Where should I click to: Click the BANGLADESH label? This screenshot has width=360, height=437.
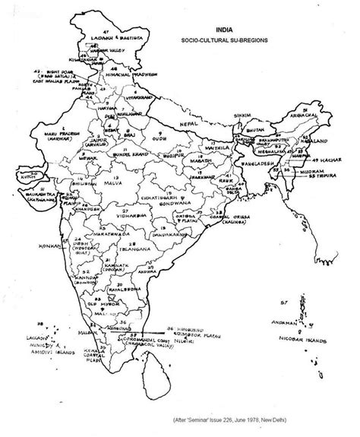click(257, 161)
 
